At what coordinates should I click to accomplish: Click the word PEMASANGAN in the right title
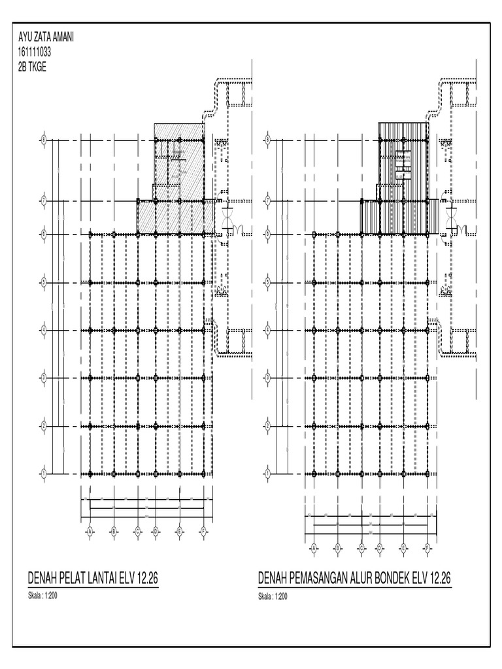pos(318,578)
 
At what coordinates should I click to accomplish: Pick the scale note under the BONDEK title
pos(272,596)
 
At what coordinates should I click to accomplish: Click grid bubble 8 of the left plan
pos(44,140)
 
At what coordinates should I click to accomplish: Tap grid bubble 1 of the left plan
pos(44,473)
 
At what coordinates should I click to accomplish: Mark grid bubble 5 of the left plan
pos(44,282)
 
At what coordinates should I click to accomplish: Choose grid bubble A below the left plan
pos(90,530)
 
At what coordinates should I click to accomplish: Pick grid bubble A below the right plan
pos(313,547)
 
